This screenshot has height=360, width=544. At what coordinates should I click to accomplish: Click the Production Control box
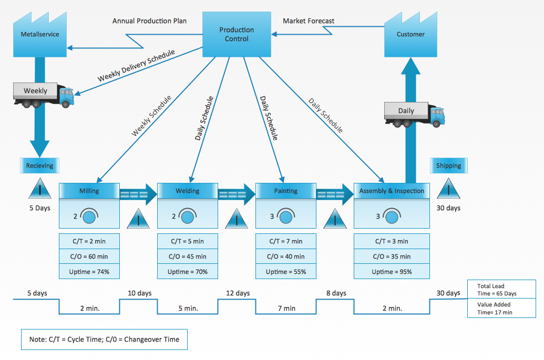pyautogui.click(x=237, y=35)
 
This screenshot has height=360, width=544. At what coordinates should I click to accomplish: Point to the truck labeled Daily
pyautogui.click(x=414, y=114)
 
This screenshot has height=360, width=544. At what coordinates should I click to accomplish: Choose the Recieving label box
pyautogui.click(x=40, y=166)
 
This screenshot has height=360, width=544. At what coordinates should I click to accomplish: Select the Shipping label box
pyautogui.click(x=448, y=166)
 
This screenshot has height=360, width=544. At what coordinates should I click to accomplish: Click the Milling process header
pyautogui.click(x=89, y=191)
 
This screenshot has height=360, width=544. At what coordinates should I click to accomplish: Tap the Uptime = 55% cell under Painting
pyautogui.click(x=286, y=272)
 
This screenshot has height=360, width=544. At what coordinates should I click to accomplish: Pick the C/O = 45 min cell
pyautogui.click(x=188, y=256)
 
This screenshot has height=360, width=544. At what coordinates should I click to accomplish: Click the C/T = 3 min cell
pyautogui.click(x=392, y=241)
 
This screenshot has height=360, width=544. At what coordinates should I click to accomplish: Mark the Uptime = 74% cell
pyautogui.click(x=89, y=272)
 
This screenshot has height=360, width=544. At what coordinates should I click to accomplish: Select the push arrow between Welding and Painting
pyautogui.click(x=237, y=194)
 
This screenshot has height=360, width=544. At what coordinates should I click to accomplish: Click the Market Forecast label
pyautogui.click(x=309, y=21)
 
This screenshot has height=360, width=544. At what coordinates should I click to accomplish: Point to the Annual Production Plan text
pyautogui.click(x=149, y=21)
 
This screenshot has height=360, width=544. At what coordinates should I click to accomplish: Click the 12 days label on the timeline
pyautogui.click(x=238, y=293)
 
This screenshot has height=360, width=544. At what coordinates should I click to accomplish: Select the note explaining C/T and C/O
pyautogui.click(x=104, y=340)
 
